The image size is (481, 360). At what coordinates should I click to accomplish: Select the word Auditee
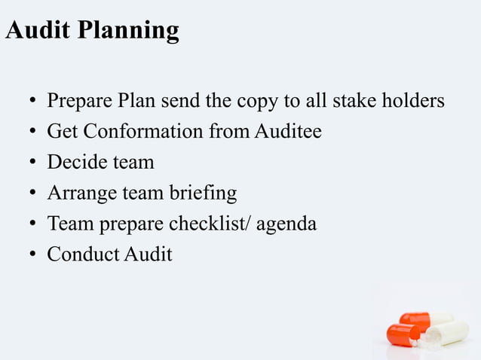click(x=288, y=131)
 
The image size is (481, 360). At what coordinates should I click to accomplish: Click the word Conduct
click(x=82, y=255)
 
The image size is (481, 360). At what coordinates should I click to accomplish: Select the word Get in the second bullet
click(x=63, y=132)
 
